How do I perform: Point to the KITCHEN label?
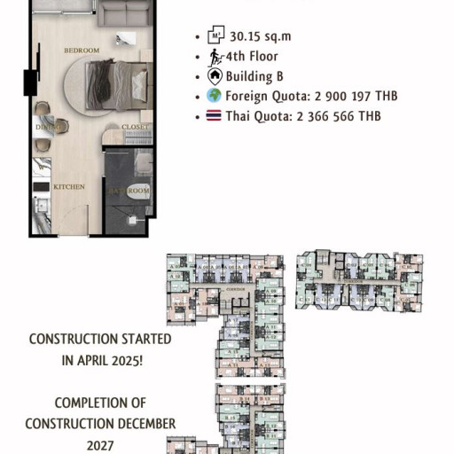point(68,187)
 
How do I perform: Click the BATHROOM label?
point(129,191)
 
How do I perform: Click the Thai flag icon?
point(214,117)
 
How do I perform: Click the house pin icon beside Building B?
point(214,76)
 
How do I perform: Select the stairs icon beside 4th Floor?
point(214,57)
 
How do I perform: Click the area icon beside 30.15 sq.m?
point(214,36)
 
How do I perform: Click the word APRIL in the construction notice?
point(88,360)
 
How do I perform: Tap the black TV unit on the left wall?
point(27,82)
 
